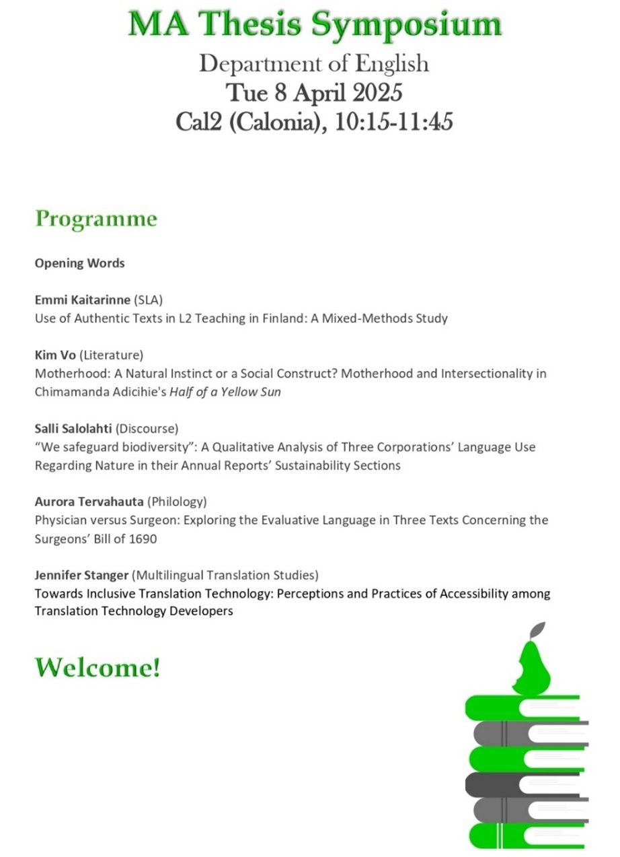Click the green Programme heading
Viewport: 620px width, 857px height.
click(x=96, y=219)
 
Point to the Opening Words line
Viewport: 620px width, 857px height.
click(x=80, y=263)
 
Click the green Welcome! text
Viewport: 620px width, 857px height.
click(x=98, y=667)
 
